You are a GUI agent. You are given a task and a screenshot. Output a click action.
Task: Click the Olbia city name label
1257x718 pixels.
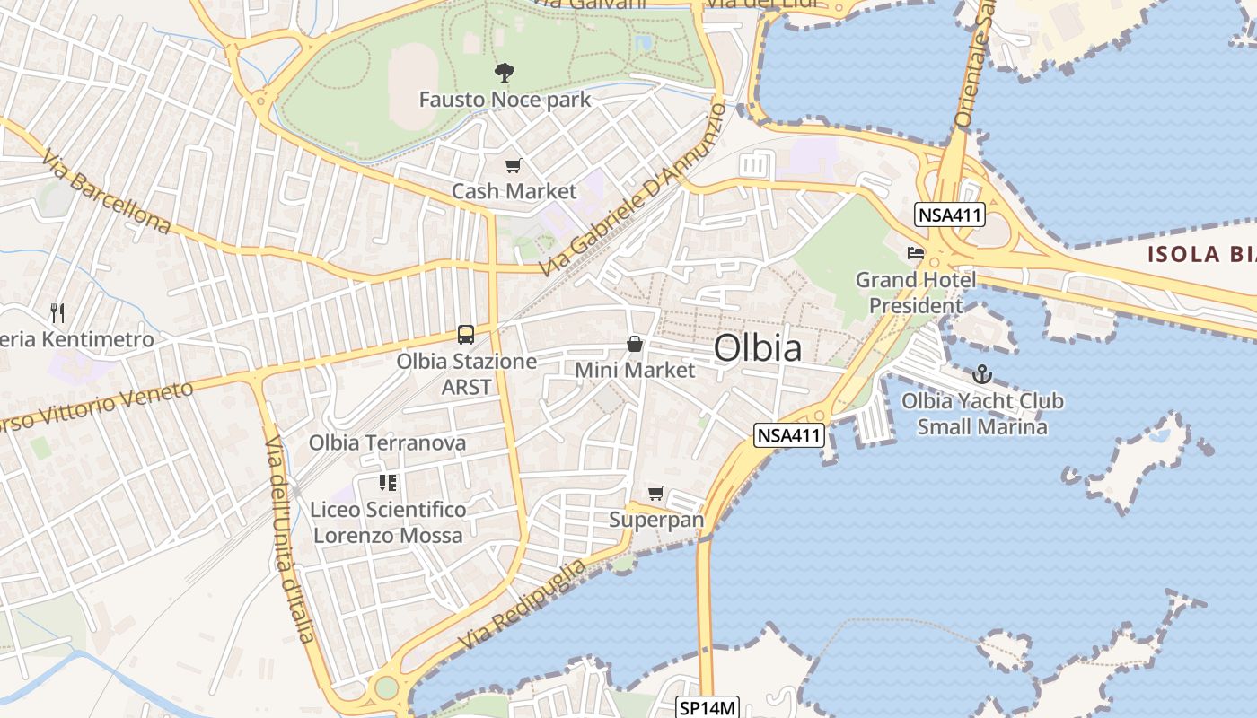click(758, 348)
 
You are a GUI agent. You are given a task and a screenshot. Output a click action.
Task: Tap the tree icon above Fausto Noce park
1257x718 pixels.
click(505, 73)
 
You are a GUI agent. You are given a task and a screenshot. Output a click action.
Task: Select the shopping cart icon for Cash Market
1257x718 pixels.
click(513, 165)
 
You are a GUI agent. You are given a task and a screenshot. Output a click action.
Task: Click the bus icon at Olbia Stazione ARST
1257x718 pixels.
click(465, 335)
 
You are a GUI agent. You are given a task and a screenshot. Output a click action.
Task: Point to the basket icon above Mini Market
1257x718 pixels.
click(635, 344)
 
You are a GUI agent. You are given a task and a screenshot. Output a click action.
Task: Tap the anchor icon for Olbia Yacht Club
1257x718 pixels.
click(982, 374)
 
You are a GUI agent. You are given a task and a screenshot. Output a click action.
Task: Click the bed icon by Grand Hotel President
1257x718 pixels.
click(916, 253)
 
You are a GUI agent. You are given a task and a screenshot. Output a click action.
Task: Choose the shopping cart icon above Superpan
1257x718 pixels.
click(656, 493)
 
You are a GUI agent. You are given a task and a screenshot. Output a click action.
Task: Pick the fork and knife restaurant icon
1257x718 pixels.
click(57, 313)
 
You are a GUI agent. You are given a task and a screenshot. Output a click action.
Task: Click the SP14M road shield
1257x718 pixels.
click(708, 708)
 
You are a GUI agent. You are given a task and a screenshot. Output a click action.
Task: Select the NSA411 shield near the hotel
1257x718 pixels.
click(950, 215)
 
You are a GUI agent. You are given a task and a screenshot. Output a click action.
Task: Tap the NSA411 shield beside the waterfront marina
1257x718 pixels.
click(789, 435)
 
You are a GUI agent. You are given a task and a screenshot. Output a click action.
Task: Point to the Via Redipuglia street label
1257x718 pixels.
click(523, 605)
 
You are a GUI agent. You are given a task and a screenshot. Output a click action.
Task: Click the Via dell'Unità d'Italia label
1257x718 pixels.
click(290, 539)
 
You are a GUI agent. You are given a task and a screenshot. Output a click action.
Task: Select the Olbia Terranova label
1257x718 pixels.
click(388, 442)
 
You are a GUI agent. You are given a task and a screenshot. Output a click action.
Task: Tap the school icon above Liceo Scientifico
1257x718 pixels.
click(388, 483)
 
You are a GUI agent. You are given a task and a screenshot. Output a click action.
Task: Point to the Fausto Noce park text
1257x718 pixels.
click(505, 99)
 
